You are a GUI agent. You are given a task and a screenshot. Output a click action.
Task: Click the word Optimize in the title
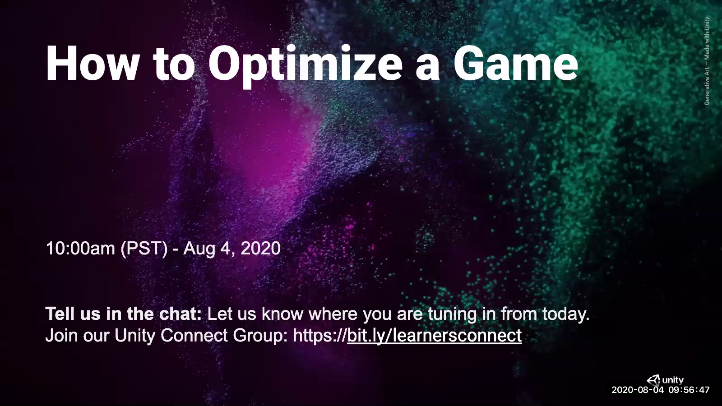tap(305, 65)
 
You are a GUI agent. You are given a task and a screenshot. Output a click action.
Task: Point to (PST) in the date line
tap(144, 249)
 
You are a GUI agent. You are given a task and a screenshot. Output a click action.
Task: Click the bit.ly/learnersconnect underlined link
tap(434, 336)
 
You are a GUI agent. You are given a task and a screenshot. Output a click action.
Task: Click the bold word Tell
tap(60, 314)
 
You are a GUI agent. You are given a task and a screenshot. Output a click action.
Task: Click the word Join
tap(62, 336)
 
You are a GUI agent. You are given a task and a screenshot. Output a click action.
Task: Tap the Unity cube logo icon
tap(653, 380)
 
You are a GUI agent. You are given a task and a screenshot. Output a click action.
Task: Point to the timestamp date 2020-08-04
tap(638, 390)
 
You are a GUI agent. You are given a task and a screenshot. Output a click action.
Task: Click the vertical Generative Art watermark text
tap(707, 61)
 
